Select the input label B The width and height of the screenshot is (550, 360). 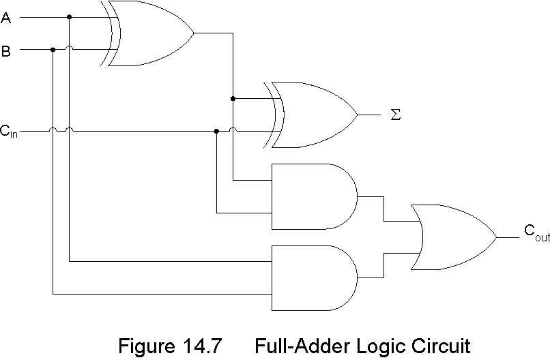tap(6, 50)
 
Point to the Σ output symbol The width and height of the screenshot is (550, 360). tap(395, 115)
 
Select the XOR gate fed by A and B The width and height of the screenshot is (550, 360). tap(150, 33)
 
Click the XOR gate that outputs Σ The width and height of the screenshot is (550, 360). tap(314, 115)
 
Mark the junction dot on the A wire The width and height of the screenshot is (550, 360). tap(69, 17)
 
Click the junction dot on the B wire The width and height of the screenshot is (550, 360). tap(53, 49)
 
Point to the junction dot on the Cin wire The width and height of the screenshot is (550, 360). tap(216, 131)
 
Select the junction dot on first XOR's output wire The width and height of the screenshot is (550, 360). tap(233, 99)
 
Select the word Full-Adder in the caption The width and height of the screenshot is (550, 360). tap(301, 346)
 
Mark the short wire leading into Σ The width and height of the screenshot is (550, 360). tap(369, 115)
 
